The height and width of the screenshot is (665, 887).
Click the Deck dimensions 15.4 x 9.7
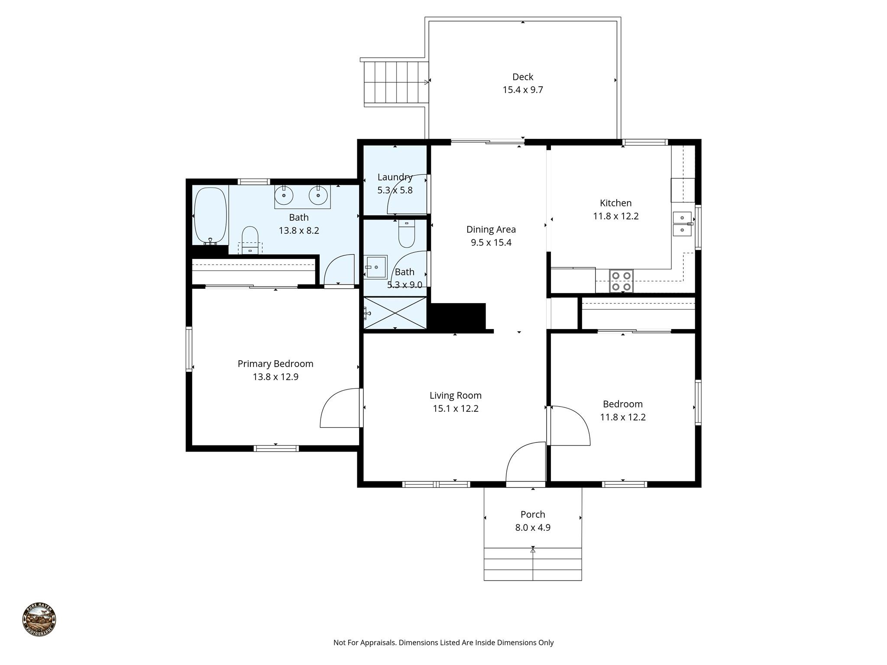tap(522, 90)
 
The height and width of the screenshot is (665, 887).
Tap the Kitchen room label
tap(615, 203)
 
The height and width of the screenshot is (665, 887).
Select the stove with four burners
tap(621, 281)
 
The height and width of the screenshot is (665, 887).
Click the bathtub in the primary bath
tap(210, 215)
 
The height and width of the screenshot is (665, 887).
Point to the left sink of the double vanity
tap(284, 196)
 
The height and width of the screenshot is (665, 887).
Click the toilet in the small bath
tap(406, 234)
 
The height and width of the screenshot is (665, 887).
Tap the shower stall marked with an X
tap(395, 313)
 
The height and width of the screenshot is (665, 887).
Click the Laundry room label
tap(395, 177)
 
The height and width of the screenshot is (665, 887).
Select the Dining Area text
tap(491, 229)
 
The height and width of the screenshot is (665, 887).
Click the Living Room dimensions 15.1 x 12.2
tap(455, 409)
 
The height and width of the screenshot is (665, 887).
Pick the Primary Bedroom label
tap(275, 364)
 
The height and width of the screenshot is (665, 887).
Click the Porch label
tap(532, 514)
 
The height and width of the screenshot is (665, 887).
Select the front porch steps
tap(532, 565)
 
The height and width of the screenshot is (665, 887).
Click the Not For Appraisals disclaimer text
tap(443, 642)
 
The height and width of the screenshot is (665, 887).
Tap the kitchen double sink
tap(682, 224)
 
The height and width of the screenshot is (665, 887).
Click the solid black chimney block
tap(457, 316)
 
